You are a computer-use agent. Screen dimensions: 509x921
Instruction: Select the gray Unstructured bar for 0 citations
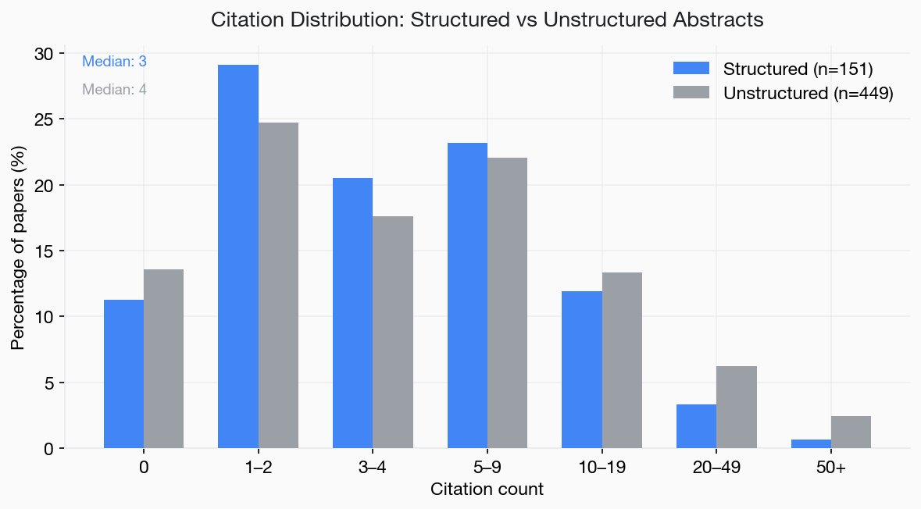click(163, 359)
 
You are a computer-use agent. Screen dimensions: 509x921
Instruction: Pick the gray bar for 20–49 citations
click(737, 408)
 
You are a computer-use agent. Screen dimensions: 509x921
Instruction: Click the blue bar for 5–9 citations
click(467, 296)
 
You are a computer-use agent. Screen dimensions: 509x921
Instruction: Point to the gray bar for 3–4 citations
click(393, 333)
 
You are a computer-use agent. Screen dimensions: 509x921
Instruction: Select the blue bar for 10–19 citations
click(582, 370)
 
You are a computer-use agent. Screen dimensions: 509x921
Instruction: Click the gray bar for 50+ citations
click(851, 432)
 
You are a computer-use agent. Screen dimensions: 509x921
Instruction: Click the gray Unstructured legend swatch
click(691, 93)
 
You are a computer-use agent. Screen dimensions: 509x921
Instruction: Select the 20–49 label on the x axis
click(716, 468)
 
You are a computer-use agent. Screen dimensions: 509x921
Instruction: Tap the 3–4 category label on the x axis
click(373, 468)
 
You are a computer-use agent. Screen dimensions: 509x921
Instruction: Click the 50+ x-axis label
click(831, 468)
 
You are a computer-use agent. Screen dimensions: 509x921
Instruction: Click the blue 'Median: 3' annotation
click(114, 62)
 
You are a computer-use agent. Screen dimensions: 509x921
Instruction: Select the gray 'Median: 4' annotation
click(114, 90)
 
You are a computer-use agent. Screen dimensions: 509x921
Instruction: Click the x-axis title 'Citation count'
click(487, 490)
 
